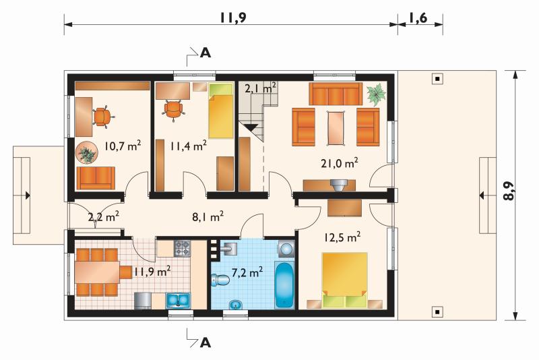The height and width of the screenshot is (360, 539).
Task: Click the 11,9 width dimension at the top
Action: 232,18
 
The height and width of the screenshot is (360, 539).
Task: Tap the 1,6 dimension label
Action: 418,18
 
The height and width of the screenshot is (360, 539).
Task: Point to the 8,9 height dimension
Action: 509,191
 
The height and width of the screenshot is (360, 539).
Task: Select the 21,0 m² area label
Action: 340,162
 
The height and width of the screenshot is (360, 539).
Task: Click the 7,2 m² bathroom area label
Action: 247,272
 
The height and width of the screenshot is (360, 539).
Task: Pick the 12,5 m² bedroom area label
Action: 342,237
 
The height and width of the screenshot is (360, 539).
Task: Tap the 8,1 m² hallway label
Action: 208,216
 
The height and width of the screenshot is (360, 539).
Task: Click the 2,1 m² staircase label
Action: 260,88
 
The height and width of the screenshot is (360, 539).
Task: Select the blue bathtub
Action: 284,285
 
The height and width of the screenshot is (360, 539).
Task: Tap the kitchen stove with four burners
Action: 182,248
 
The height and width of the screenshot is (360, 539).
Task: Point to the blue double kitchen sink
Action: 179,300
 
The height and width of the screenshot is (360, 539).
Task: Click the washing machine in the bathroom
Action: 286,249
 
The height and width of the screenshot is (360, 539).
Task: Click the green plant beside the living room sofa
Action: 376,94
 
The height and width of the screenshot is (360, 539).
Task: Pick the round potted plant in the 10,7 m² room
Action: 86,154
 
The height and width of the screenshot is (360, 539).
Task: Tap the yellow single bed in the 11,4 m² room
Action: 221,111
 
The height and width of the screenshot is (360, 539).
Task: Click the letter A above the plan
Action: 205,53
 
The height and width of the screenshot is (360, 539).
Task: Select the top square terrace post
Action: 437,79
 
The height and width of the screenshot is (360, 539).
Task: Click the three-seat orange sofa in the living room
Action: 336,94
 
